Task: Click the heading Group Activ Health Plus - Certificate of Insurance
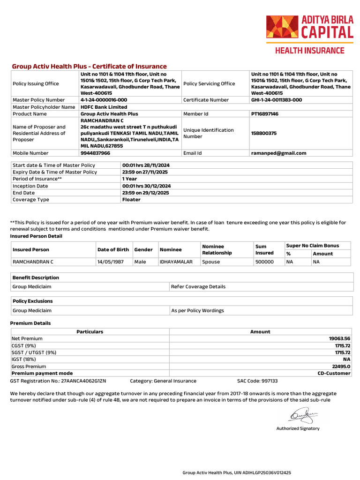pos(89,67)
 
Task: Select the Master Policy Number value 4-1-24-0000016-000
pos(104,100)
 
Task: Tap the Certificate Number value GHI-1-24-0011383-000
pos(277,100)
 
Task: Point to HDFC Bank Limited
pos(104,107)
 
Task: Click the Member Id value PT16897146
pos(264,114)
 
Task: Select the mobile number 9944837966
pos(96,153)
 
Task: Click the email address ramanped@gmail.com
pos(278,153)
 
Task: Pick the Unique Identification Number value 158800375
pos(263,133)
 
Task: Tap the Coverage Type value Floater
pos(131,200)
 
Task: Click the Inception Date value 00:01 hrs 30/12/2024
pos(146,186)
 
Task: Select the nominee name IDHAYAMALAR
pos(176,262)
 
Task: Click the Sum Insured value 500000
pos(264,262)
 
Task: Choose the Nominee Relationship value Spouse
pos(211,262)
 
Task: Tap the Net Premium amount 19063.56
pos(340,338)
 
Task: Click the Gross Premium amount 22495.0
pos(341,367)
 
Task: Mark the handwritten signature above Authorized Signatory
pos(303,414)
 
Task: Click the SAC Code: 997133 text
pos(257,381)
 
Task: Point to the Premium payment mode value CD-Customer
pos(334,374)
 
